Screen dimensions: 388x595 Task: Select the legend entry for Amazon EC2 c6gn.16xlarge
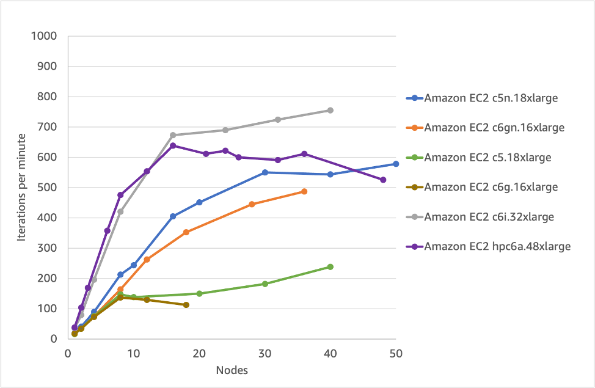point(494,127)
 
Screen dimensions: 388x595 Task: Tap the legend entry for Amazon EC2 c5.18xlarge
point(487,157)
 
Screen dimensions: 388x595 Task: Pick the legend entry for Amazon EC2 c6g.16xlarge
point(491,187)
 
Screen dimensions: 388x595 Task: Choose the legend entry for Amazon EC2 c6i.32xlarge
point(489,216)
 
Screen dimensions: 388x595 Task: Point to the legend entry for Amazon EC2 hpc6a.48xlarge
point(497,246)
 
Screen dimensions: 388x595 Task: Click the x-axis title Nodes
point(231,370)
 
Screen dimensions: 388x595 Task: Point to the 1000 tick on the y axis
point(43,36)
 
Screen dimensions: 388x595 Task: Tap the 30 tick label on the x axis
point(265,353)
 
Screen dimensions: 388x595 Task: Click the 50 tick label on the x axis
point(396,353)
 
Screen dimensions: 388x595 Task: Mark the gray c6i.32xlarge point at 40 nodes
point(330,110)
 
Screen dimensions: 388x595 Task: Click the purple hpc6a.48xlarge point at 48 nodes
point(383,180)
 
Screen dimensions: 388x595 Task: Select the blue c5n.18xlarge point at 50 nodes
point(396,164)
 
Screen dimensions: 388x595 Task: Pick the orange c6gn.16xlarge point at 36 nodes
point(304,191)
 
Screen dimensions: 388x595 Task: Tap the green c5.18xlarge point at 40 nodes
point(330,266)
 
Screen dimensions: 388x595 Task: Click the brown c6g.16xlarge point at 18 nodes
point(186,304)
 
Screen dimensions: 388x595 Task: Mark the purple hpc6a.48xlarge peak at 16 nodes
point(173,145)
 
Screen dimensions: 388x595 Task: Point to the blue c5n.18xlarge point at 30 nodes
point(265,172)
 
